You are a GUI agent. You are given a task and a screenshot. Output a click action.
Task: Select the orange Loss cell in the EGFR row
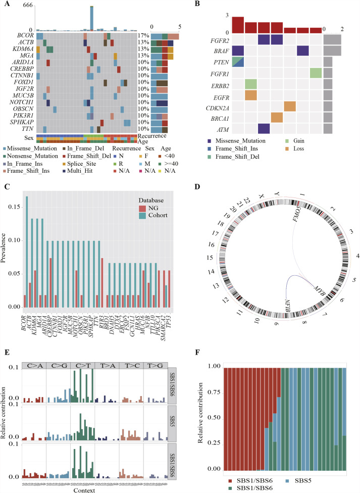coord(250,94)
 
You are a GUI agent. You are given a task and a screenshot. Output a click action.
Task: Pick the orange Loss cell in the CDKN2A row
coord(290,106)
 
